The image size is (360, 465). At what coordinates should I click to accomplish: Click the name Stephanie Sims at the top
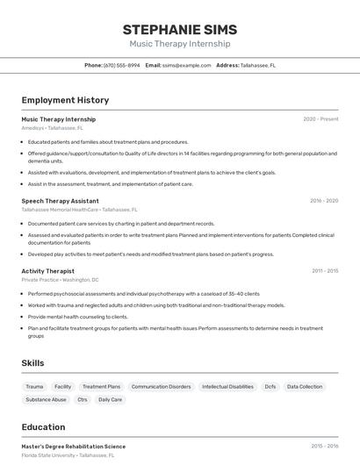pos(180,30)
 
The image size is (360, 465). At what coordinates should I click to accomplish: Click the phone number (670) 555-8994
pos(121,65)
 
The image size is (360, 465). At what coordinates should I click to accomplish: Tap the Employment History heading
pos(65,100)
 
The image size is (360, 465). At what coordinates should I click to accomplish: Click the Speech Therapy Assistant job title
pos(60,201)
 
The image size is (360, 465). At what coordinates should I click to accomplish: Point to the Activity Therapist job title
pos(47,271)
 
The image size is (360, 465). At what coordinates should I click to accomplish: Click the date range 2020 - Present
pos(320,119)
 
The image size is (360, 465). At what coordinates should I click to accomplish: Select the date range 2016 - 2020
pos(324,201)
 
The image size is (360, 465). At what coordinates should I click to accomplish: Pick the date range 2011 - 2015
pos(325,271)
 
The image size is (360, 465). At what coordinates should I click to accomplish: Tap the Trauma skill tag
pos(34,386)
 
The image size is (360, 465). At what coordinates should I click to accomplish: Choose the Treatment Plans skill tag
pos(102,386)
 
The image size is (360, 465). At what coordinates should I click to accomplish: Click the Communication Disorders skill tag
pos(161,386)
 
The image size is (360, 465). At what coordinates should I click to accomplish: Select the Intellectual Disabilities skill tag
pos(227,386)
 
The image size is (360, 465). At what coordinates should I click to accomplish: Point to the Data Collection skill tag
pos(305,386)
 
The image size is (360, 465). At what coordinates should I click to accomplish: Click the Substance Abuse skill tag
pos(46,399)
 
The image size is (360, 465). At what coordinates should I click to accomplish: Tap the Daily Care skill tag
pos(111,399)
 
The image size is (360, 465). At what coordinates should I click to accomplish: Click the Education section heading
pos(44,427)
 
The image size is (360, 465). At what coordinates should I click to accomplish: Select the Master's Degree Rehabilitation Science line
pos(74,447)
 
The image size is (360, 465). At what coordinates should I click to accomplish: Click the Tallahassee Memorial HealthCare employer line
pos(60,210)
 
